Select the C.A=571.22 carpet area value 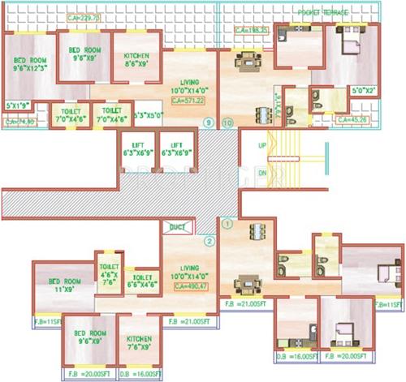click(188, 101)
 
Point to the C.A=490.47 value click(188, 286)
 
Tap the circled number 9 click(211, 122)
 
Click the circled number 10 click(227, 122)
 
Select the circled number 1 click(228, 221)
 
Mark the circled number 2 click(209, 240)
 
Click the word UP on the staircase click(262, 145)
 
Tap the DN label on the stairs click(261, 174)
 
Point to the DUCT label click(177, 230)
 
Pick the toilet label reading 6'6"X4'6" click(142, 281)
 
